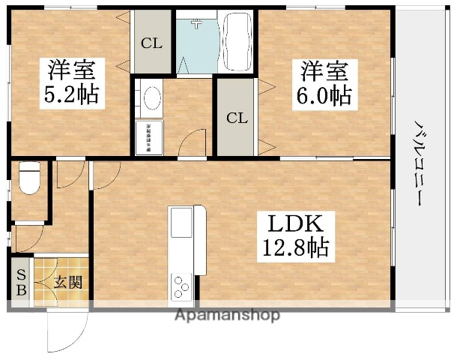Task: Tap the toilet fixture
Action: (29, 178)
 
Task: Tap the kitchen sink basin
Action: (182, 223)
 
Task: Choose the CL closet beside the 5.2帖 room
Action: (151, 43)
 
